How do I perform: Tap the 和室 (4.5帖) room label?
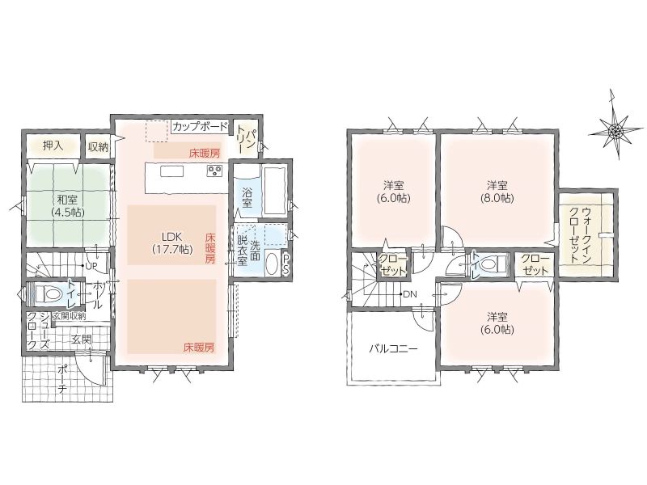(68, 206)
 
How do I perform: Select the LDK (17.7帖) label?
(172, 242)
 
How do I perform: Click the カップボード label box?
(200, 126)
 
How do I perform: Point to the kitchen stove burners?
(215, 171)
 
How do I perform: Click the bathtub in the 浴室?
(275, 190)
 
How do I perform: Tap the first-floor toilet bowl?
(49, 294)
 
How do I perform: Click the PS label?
(286, 264)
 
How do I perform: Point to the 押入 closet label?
(53, 145)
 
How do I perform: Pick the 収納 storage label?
(98, 147)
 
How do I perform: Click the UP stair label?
(91, 266)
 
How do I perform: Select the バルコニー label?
(393, 349)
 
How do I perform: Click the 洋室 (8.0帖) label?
(497, 192)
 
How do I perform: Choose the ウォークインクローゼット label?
(581, 235)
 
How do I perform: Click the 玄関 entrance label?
(82, 339)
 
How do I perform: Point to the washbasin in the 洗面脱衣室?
(272, 264)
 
